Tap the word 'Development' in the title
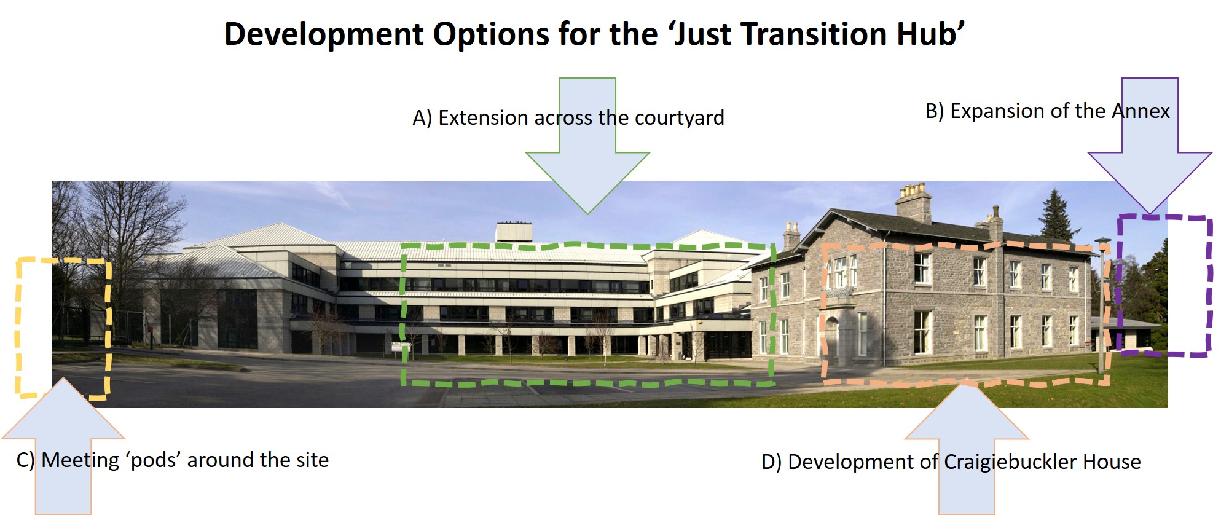pos(324,35)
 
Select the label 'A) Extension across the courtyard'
pos(568,117)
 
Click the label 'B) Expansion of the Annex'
pos(1048,111)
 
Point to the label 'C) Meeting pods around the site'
pos(173,460)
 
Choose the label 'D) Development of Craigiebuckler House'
pos(951,462)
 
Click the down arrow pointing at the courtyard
pos(587,146)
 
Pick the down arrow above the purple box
pos(1150,146)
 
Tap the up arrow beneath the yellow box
pos(63,446)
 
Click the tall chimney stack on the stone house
pos(913,202)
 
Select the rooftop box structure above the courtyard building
pos(514,232)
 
